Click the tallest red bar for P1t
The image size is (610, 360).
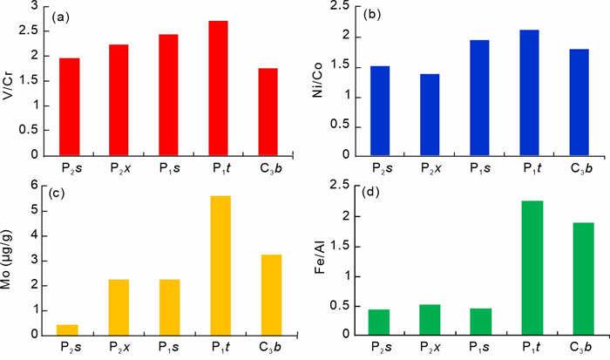(x=218, y=88)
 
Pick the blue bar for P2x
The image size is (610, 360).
(x=430, y=114)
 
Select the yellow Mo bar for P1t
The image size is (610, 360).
(x=218, y=264)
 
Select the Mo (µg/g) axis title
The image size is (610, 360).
(x=10, y=259)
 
